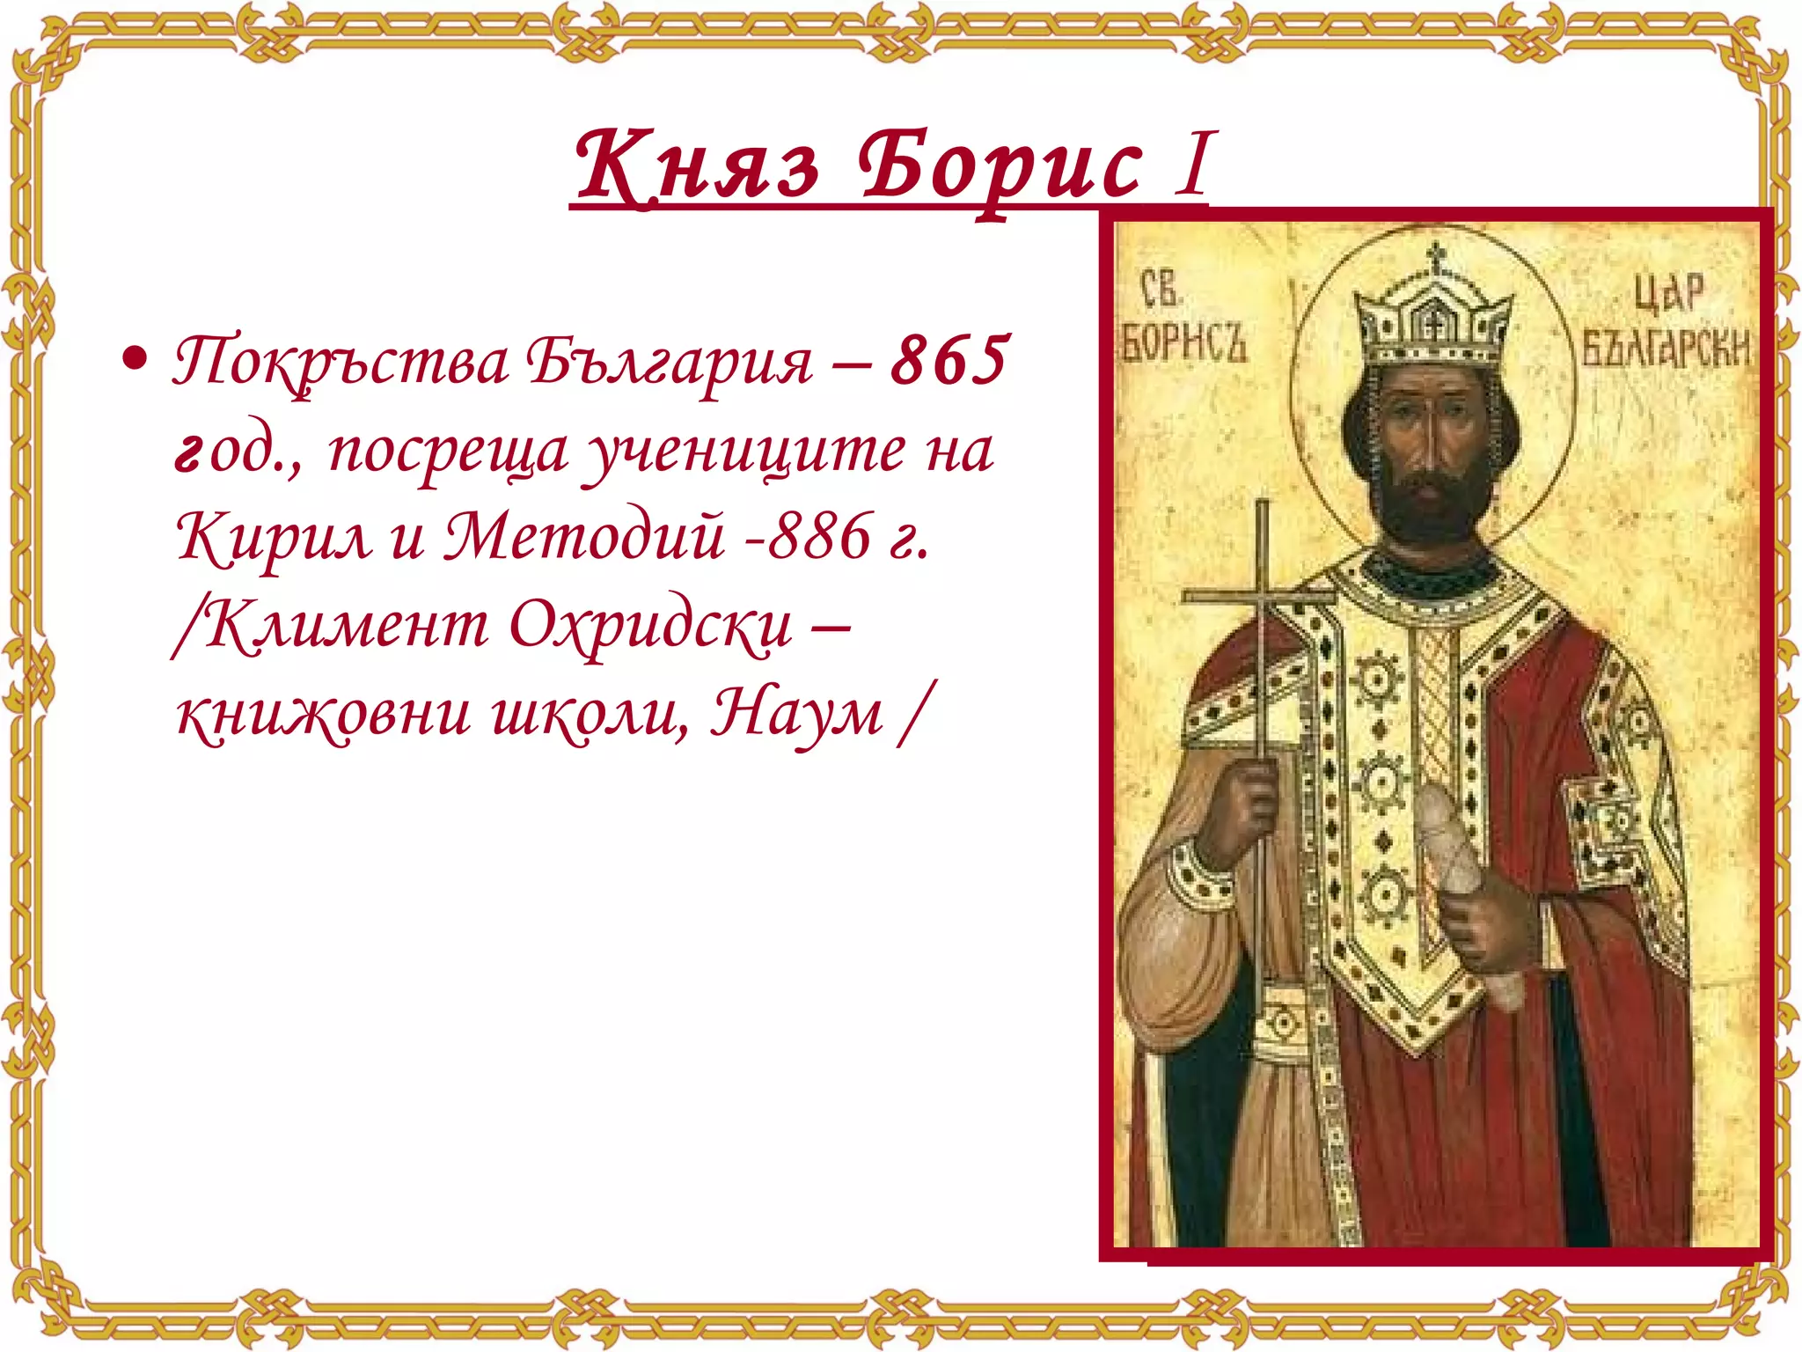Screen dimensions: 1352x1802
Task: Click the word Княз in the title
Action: point(696,165)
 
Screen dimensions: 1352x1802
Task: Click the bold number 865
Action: point(949,361)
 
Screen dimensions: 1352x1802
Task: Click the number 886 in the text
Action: point(819,537)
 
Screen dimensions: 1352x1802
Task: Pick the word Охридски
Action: point(651,627)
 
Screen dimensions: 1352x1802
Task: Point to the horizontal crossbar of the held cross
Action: point(1259,598)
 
